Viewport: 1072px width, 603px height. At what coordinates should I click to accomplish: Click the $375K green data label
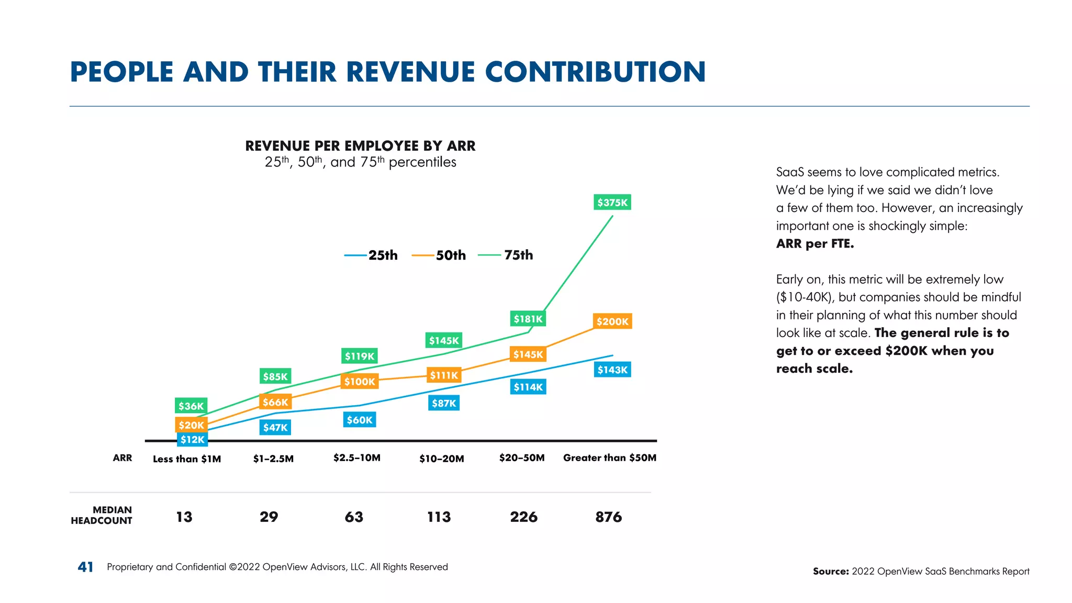tap(612, 203)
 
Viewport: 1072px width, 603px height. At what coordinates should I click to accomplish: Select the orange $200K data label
tap(612, 321)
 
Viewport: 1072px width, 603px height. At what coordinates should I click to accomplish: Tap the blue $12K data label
tap(193, 440)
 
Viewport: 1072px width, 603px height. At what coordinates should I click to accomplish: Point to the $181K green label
tap(528, 319)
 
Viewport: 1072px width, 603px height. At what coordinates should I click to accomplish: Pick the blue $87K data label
tap(444, 403)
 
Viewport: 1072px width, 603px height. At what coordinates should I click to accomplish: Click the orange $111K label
tap(444, 375)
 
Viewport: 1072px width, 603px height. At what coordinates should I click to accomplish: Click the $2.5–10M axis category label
tap(357, 458)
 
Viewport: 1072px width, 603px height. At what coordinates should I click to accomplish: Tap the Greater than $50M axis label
tap(609, 458)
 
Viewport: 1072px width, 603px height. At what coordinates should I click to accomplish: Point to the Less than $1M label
tap(187, 459)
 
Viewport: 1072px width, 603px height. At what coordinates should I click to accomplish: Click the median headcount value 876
tap(608, 517)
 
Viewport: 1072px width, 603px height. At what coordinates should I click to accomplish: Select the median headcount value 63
tap(354, 517)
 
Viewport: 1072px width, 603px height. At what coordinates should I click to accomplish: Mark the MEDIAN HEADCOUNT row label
tap(102, 515)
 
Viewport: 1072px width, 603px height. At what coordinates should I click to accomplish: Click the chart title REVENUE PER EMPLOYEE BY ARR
tap(360, 146)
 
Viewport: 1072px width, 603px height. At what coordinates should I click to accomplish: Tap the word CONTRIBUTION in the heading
tap(595, 72)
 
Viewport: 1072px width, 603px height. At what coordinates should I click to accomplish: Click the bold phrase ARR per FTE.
tap(814, 244)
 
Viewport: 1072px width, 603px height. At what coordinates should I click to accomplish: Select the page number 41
tap(85, 567)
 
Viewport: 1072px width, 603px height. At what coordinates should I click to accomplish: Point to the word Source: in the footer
tap(830, 572)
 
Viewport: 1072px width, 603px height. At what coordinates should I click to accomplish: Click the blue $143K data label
tap(612, 370)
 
